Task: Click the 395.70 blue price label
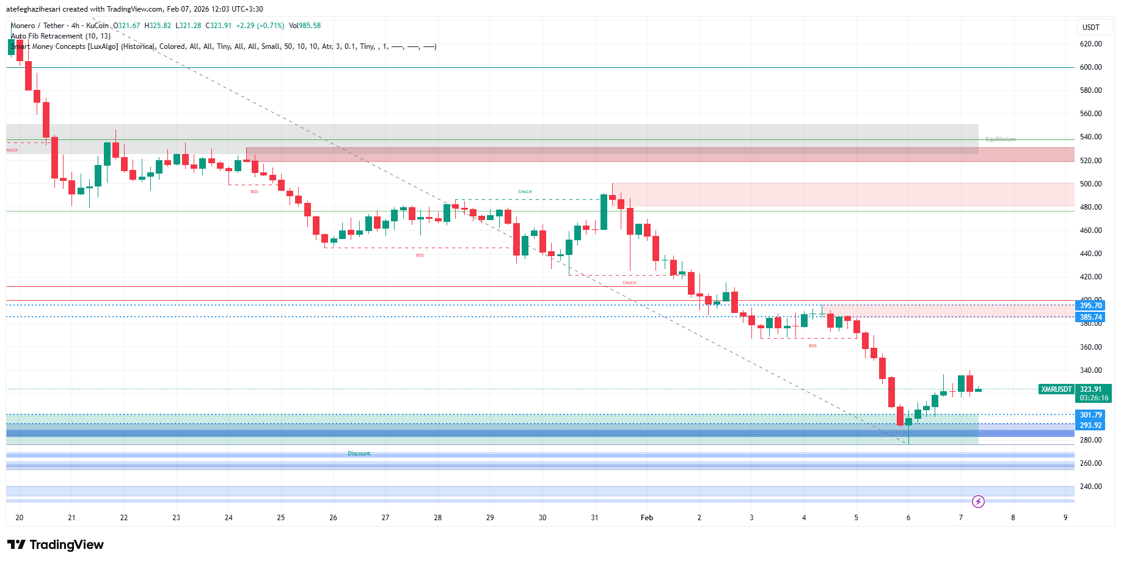(x=1090, y=306)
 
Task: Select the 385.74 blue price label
(x=1090, y=317)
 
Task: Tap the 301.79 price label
(x=1090, y=415)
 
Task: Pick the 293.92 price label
(x=1090, y=425)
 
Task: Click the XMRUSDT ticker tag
(x=1056, y=389)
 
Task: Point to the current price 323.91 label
(x=1090, y=389)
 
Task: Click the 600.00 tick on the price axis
(x=1090, y=67)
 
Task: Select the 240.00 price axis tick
(x=1090, y=487)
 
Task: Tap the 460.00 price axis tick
(x=1090, y=230)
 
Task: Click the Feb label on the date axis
(x=647, y=518)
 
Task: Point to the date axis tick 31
(x=594, y=518)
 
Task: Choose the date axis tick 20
(x=20, y=518)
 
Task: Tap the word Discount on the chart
(x=359, y=454)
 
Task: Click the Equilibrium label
(x=1000, y=139)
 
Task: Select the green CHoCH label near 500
(x=525, y=192)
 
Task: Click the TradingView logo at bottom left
(x=56, y=545)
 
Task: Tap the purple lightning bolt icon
(x=978, y=502)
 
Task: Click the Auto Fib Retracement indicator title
(x=60, y=36)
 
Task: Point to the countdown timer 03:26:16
(x=1094, y=398)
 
